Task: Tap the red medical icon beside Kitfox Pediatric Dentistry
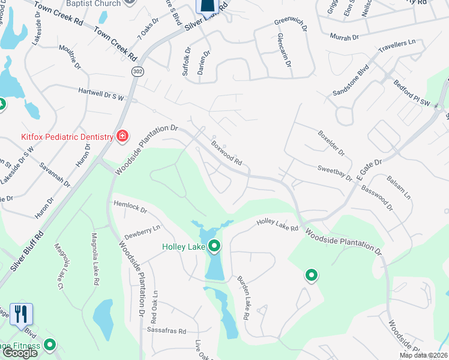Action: (122, 136)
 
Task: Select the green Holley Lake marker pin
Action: (214, 245)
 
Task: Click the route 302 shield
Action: (137, 71)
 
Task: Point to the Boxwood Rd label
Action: (226, 153)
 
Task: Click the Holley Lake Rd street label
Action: (277, 225)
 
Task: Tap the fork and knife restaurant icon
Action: (21, 313)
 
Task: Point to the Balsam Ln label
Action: (399, 188)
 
